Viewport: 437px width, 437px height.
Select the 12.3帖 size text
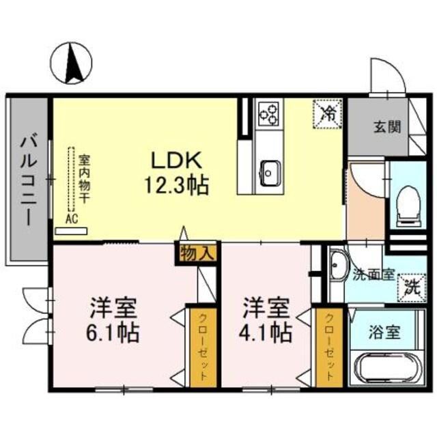pos(175,184)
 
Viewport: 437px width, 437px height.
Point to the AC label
pos(71,219)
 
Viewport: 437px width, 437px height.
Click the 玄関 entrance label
pos(387,127)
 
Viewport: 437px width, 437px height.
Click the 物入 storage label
pos(197,253)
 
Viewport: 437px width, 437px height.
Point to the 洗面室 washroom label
pos(373,274)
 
